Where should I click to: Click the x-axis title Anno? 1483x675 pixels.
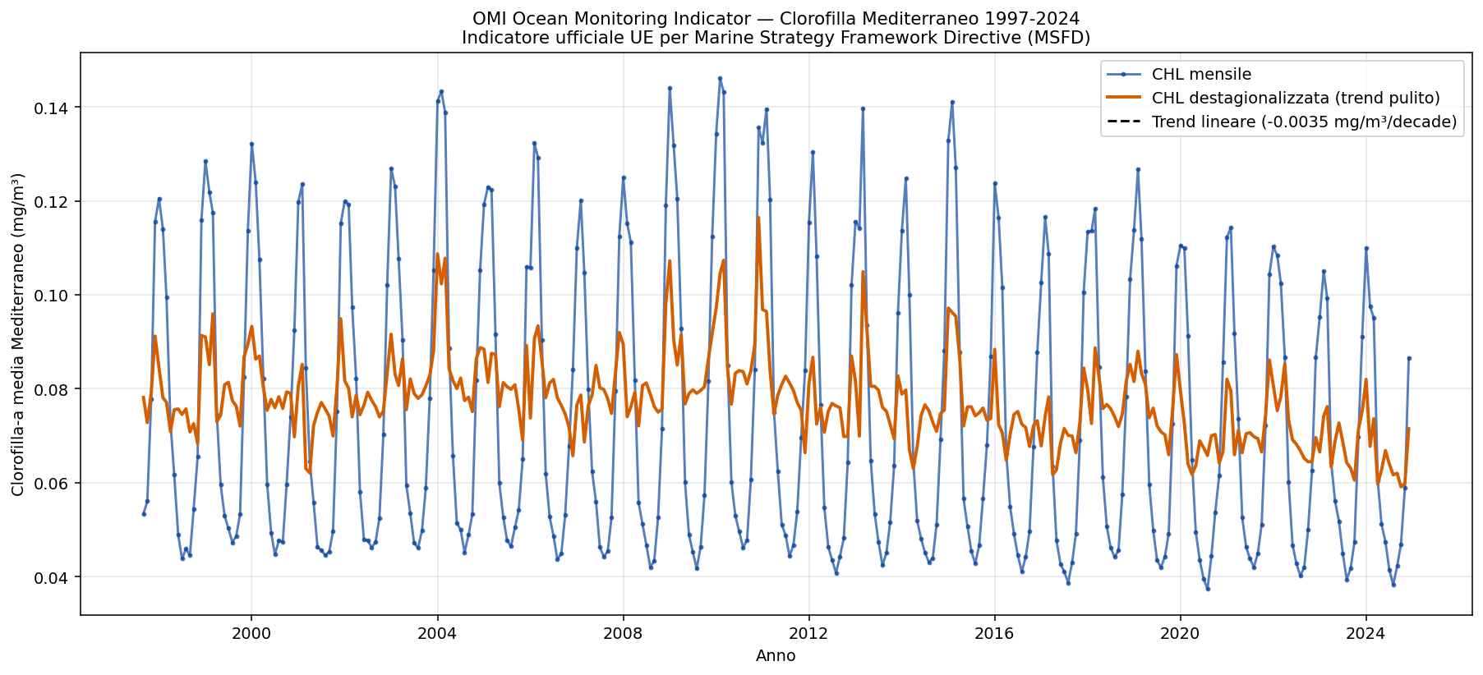coord(776,656)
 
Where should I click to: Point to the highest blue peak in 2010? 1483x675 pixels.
coord(720,79)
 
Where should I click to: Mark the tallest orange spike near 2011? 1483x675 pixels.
coord(758,218)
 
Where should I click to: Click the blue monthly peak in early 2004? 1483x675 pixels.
coord(441,91)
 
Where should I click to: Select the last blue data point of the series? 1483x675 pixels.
coord(1409,358)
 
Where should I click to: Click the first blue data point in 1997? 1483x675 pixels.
coord(144,514)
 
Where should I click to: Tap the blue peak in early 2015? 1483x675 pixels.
coord(952,102)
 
